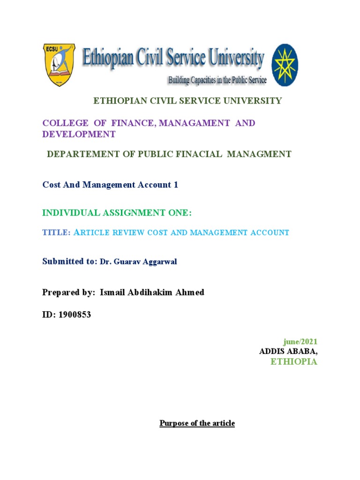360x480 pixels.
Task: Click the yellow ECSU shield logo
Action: (59, 65)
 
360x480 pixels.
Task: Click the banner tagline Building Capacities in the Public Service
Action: (217, 80)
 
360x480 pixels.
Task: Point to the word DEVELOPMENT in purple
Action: (79, 134)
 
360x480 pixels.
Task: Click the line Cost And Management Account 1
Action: (110, 185)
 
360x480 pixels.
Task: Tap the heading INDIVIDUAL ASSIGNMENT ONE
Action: (117, 213)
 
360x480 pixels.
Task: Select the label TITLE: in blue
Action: (56, 232)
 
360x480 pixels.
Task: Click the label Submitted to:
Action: (70, 262)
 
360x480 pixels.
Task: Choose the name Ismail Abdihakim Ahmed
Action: (152, 292)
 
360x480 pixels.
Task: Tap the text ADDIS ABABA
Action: (288, 352)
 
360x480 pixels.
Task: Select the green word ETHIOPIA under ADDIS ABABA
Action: (294, 362)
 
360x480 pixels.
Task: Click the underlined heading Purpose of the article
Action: (197, 423)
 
